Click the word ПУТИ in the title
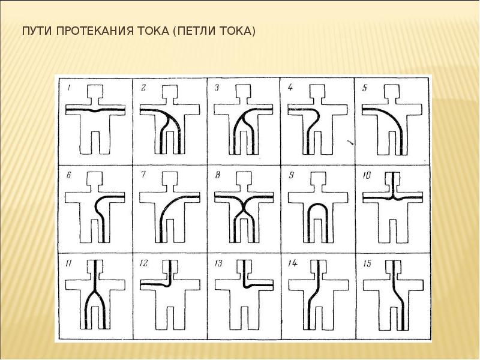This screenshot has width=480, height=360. click(37, 32)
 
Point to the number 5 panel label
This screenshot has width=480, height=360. click(364, 88)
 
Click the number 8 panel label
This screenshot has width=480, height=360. click(217, 175)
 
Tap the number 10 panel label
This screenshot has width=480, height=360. click(367, 175)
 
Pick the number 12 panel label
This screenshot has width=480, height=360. click(143, 263)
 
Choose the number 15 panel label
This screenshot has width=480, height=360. click(367, 263)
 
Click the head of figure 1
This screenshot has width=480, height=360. click(95, 91)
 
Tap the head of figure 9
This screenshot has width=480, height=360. click(319, 178)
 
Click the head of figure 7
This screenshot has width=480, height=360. click(170, 178)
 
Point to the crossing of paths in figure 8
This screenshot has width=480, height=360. click(244, 209)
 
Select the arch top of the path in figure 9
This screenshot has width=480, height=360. click(318, 205)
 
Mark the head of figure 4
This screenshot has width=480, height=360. click(318, 91)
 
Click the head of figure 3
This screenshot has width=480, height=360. click(244, 91)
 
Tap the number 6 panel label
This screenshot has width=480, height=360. click(68, 175)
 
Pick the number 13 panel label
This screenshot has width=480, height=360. click(218, 263)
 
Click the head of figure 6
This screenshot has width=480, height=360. click(95, 178)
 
